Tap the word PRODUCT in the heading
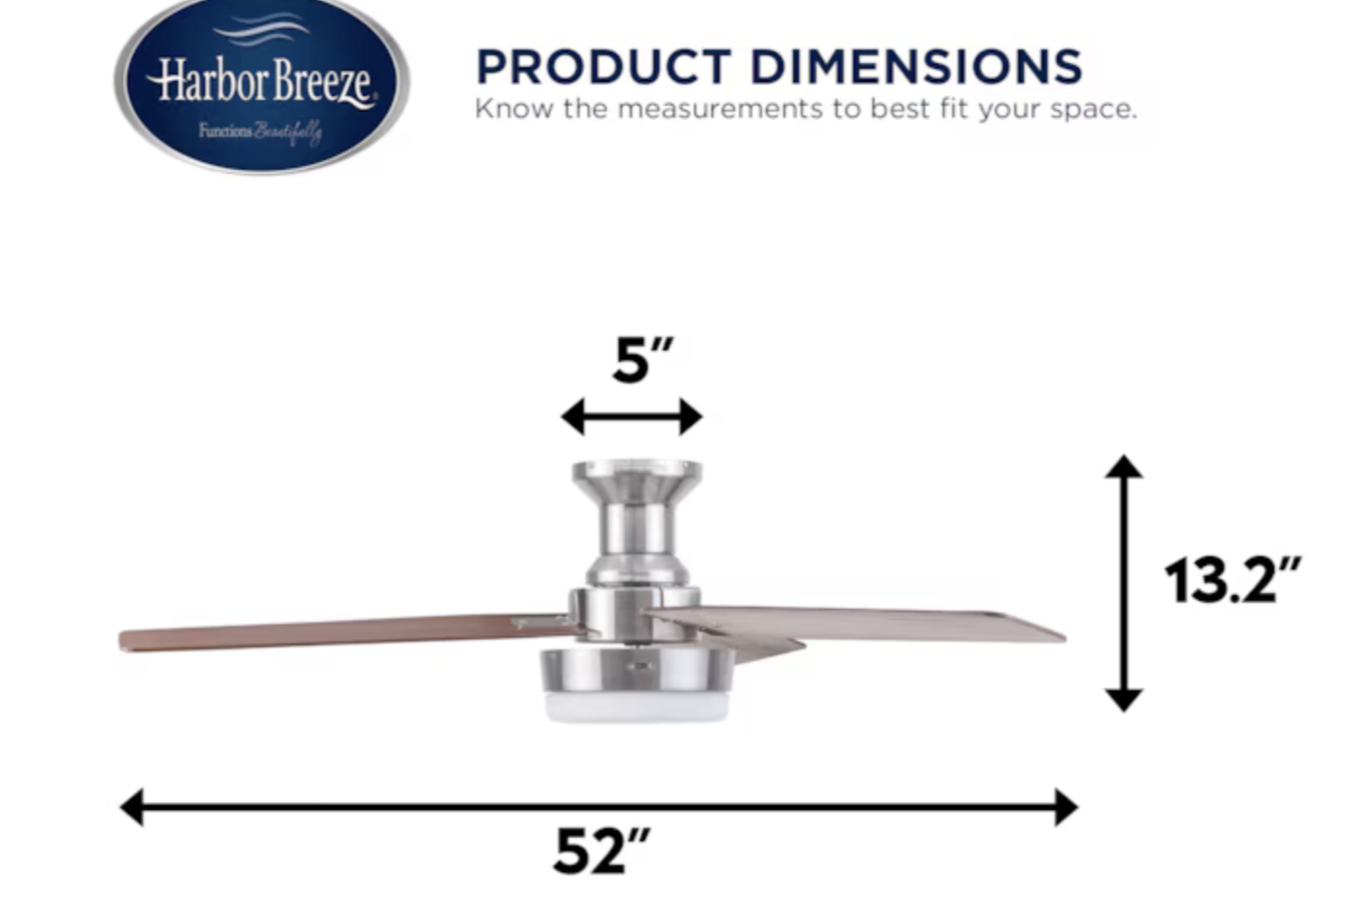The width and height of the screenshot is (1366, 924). (x=603, y=66)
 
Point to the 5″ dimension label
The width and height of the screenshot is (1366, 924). (x=642, y=360)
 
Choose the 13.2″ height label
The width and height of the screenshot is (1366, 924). (x=1232, y=580)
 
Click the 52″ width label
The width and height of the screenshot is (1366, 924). (x=602, y=851)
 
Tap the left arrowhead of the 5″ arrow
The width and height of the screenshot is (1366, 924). (x=573, y=417)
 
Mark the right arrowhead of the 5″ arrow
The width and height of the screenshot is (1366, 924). (x=691, y=417)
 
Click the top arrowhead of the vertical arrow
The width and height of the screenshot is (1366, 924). (x=1123, y=467)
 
